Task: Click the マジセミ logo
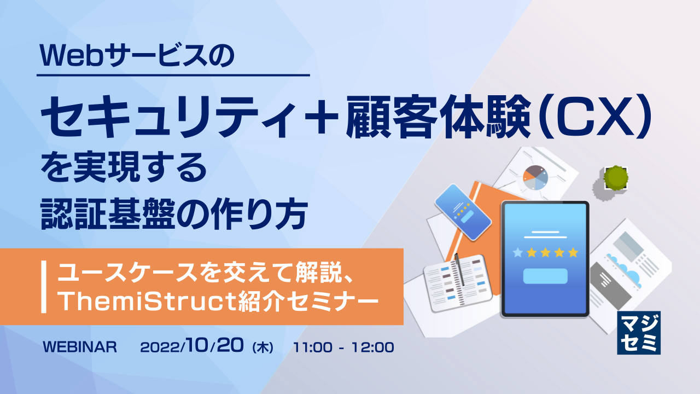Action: [x=639, y=333]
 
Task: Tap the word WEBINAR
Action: [x=80, y=347]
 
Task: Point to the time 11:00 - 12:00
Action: [x=343, y=347]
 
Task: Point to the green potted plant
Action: [x=616, y=177]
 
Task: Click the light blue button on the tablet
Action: [x=545, y=276]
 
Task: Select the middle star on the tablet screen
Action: [x=545, y=252]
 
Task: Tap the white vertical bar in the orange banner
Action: [x=44, y=287]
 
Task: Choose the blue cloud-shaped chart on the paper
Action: [x=626, y=268]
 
